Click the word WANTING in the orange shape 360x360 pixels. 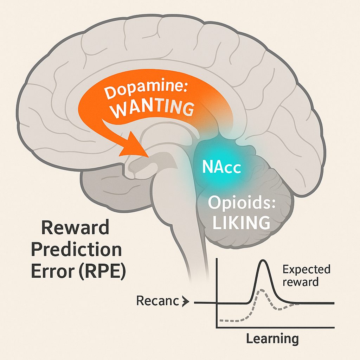click(152, 109)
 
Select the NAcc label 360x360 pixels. click(221, 168)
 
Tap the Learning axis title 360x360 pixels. click(272, 339)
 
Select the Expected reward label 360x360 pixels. click(306, 276)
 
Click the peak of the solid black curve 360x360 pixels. click(263, 261)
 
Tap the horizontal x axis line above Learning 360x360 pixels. click(274, 328)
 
